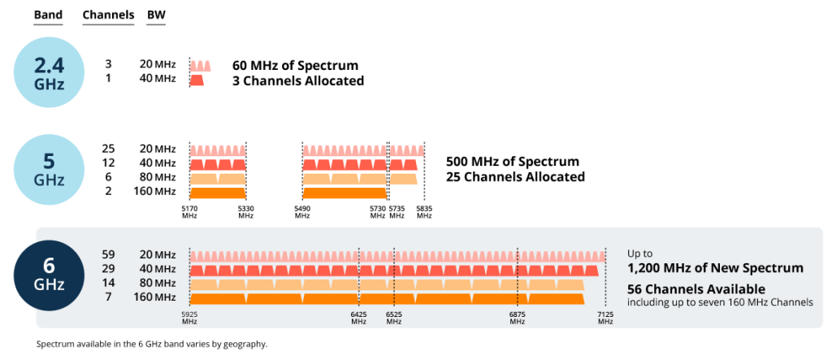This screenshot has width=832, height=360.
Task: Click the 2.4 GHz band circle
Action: click(x=49, y=72)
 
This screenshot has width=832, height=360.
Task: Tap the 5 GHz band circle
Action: click(x=49, y=170)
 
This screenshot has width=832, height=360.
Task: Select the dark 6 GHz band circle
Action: click(x=49, y=275)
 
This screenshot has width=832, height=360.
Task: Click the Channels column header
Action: click(x=108, y=15)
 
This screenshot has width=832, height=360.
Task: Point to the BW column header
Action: click(x=156, y=15)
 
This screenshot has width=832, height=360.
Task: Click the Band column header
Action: click(x=48, y=15)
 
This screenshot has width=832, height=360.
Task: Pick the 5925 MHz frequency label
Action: click(x=189, y=318)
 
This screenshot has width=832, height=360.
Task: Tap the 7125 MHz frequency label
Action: click(x=605, y=318)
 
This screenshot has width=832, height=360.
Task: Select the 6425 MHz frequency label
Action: click(x=358, y=318)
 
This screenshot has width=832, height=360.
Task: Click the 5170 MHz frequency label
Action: click(x=189, y=212)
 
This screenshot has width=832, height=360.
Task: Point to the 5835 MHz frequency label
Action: click(x=424, y=212)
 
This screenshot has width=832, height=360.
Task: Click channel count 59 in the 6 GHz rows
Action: click(x=108, y=255)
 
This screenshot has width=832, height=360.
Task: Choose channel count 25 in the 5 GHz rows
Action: click(x=108, y=150)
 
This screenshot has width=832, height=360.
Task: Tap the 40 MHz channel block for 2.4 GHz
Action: click(x=197, y=80)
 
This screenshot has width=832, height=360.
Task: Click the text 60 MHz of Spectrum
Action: click(x=296, y=66)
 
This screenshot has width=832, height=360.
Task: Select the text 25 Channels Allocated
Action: click(x=515, y=176)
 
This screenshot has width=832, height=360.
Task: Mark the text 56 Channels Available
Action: click(x=696, y=289)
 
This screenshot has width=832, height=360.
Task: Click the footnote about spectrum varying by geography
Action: click(x=152, y=344)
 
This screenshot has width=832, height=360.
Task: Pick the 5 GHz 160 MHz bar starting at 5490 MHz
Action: click(x=344, y=193)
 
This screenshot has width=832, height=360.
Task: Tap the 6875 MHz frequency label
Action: click(x=518, y=318)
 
